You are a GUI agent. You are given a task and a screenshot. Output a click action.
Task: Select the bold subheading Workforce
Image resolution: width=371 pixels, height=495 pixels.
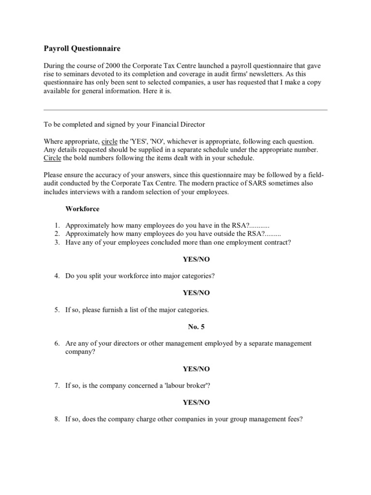(83, 209)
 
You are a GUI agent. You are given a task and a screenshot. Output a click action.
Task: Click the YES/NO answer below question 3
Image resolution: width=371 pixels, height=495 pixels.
(196, 259)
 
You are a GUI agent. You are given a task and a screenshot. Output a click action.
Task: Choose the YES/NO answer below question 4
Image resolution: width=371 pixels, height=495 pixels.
(196, 292)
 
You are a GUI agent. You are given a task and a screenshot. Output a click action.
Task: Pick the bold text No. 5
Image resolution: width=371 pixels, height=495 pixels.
(196, 326)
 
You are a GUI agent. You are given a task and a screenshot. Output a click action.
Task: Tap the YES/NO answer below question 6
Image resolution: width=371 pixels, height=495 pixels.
(196, 368)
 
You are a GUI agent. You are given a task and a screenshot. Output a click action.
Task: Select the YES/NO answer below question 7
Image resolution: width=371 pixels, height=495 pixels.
(196, 402)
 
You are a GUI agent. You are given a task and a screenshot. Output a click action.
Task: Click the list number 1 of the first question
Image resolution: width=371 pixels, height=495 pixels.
(56, 226)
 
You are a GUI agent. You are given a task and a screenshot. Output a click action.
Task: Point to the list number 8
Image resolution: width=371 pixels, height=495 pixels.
(56, 419)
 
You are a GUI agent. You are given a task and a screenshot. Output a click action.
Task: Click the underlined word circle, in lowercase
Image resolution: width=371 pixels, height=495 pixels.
(109, 141)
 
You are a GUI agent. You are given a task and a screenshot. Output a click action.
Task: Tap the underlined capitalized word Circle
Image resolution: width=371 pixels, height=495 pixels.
(53, 158)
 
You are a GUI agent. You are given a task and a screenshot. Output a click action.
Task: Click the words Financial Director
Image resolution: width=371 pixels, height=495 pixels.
(181, 125)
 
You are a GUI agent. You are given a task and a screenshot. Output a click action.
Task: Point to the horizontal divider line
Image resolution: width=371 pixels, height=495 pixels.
(185, 109)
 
